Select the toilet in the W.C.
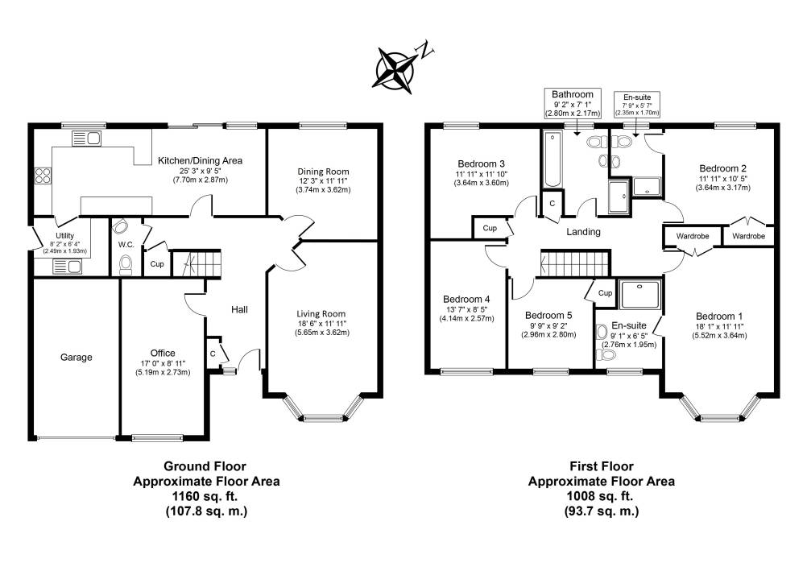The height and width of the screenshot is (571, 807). (x=126, y=263)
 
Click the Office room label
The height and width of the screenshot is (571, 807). (x=162, y=353)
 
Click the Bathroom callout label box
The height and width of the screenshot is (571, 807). (x=573, y=104)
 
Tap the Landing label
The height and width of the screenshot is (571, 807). (x=583, y=232)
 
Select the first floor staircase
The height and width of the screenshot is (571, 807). (x=568, y=263)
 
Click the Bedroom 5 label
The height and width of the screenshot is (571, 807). (x=548, y=315)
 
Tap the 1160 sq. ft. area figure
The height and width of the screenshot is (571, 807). (x=205, y=496)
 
